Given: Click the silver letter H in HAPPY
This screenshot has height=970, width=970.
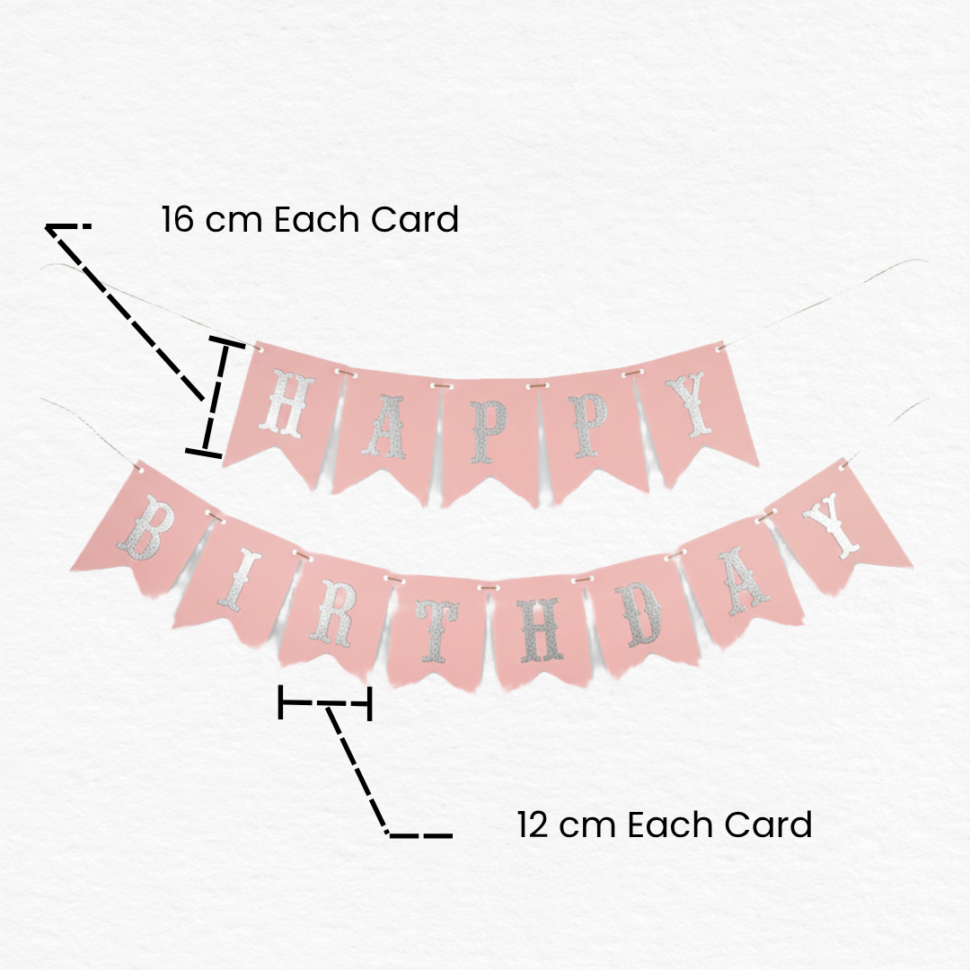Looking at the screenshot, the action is point(286,402).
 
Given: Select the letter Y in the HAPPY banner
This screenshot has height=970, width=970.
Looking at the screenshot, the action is point(693,404).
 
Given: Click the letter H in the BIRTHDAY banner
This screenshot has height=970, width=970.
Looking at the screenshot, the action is point(541,629).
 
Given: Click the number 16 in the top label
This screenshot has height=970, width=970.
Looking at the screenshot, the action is point(178,219).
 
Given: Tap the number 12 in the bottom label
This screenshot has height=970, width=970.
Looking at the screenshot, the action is point(532,824).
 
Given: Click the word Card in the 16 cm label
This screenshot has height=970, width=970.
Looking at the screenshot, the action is point(414,220).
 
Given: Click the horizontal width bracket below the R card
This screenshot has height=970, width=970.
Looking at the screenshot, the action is point(325,702).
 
